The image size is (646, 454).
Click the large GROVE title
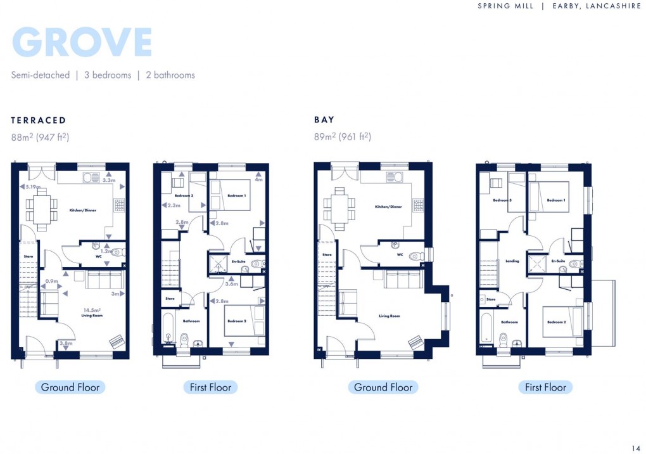(82, 42)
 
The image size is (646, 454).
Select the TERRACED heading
(39, 120)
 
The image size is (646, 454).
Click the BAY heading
(324, 120)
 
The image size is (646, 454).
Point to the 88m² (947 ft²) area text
(40, 136)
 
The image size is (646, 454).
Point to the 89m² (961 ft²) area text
(343, 136)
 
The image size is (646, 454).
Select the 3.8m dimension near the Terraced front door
(65, 343)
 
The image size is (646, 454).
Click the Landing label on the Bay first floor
(512, 261)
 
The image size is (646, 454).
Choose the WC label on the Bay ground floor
(400, 255)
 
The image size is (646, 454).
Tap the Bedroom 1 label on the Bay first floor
(556, 200)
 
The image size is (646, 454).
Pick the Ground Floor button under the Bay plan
(383, 387)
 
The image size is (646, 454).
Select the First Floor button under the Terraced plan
(210, 387)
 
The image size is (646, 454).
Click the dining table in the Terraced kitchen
(42, 210)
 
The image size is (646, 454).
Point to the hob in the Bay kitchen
(418, 205)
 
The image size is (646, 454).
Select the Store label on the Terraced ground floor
(28, 257)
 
